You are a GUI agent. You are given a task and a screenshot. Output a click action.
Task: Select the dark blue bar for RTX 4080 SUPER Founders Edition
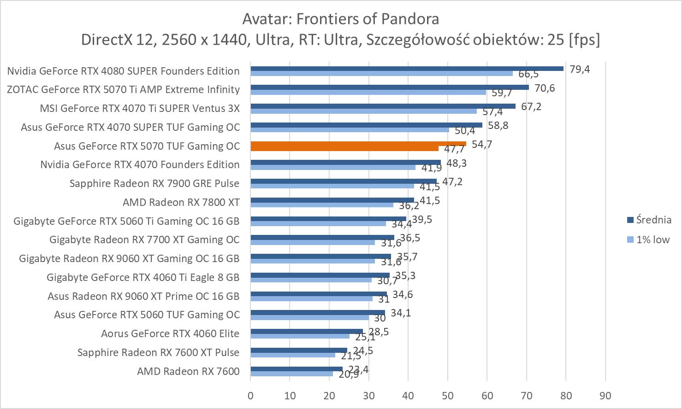(407, 69)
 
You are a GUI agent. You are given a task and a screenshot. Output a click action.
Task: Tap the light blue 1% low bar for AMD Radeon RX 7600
(291, 374)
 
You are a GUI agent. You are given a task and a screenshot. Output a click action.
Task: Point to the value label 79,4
(580, 69)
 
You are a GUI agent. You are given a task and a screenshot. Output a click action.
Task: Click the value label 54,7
(482, 144)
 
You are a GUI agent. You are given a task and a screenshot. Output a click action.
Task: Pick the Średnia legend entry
(653, 220)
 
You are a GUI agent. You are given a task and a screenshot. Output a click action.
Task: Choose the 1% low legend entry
(652, 240)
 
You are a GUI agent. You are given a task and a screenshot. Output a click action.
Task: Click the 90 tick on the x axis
(605, 396)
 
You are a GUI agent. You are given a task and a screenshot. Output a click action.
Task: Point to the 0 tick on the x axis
(250, 396)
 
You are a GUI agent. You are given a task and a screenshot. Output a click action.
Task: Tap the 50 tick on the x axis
(448, 396)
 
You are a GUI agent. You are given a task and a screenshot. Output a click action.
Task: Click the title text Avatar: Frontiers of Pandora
(340, 19)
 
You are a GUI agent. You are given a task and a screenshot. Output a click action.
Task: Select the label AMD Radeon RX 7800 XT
(181, 202)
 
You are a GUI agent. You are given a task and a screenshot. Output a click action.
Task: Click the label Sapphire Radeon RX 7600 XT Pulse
(158, 352)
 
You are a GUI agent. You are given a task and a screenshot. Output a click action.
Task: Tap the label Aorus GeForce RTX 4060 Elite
(170, 333)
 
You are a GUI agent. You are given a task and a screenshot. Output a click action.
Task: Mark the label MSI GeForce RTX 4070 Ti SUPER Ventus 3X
(140, 108)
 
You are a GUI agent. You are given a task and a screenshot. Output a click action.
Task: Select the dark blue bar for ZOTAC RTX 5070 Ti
(390, 87)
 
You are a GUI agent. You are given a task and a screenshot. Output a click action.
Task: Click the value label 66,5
(528, 74)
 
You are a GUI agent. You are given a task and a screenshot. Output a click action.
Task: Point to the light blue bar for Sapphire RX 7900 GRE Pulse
(332, 186)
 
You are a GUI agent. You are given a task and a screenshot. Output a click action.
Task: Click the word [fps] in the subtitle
(584, 40)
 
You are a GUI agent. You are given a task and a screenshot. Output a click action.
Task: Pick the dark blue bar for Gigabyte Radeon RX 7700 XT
(322, 237)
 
